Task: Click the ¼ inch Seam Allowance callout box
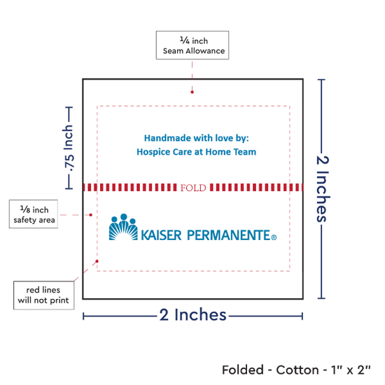click(x=192, y=45)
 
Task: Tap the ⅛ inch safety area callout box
click(x=34, y=214)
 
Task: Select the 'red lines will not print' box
click(x=43, y=295)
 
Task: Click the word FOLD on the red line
click(x=193, y=188)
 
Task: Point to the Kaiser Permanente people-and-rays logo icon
click(x=123, y=227)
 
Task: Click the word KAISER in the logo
click(x=161, y=235)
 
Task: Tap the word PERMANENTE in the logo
click(x=229, y=235)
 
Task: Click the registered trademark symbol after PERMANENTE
click(x=274, y=237)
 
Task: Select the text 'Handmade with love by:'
click(x=197, y=138)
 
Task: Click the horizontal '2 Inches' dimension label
click(x=192, y=314)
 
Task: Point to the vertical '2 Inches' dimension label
click(x=323, y=189)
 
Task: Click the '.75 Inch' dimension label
click(x=69, y=148)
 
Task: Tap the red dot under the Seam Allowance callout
click(x=192, y=92)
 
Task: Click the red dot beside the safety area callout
click(x=90, y=215)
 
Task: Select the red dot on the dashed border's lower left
click(x=97, y=261)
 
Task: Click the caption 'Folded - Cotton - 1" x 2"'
click(x=296, y=370)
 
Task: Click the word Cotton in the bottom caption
click(x=297, y=370)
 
